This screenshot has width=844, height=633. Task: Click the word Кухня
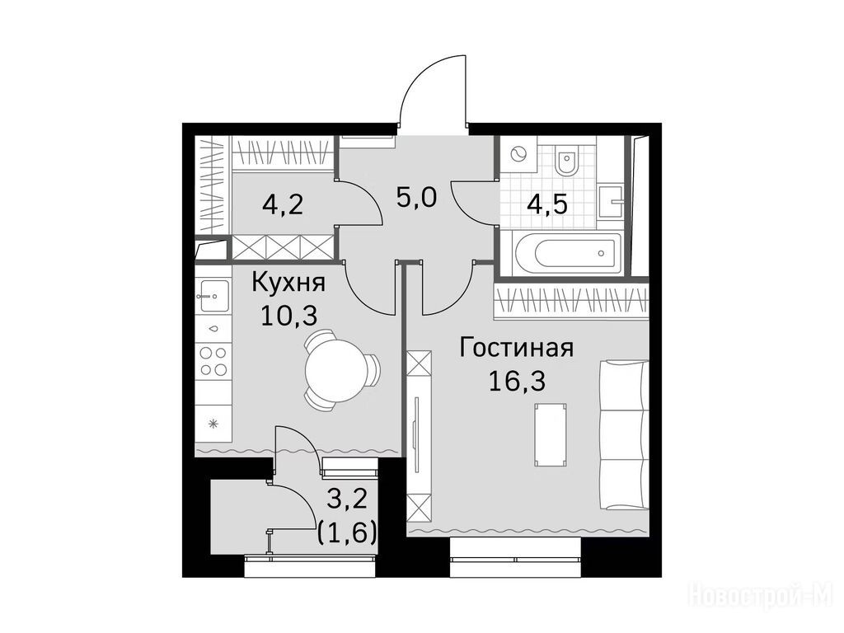coord(289,284)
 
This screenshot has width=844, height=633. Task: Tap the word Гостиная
coord(517,348)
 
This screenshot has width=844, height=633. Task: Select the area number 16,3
coord(517,381)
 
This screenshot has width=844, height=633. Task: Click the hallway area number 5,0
coord(416,198)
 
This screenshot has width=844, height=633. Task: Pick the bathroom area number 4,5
coord(548,204)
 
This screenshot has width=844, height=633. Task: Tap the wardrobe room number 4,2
coord(284,204)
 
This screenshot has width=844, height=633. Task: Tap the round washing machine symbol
coord(518,154)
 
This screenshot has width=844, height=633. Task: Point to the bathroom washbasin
coord(611,202)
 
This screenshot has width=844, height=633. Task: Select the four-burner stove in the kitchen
coord(213,361)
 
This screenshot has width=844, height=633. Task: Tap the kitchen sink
coord(213,296)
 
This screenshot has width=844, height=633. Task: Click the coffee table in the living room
coord(551,435)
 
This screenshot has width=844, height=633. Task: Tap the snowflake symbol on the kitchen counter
coord(213,424)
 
